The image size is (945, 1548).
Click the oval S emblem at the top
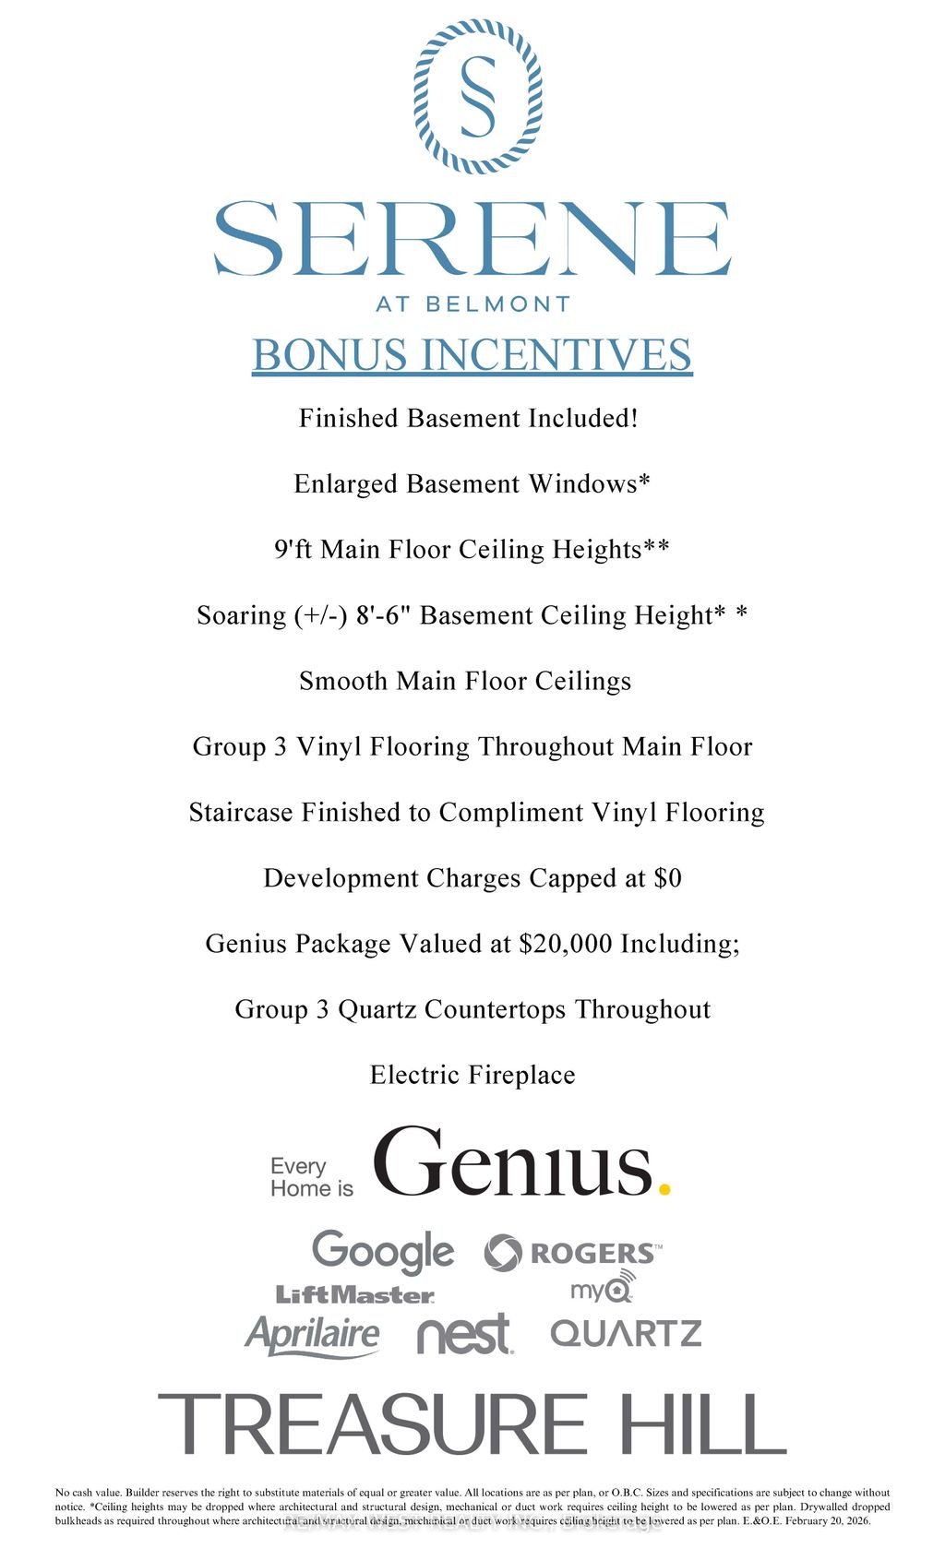477,97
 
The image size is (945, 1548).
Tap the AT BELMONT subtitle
472,304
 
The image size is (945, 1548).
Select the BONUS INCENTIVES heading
472,355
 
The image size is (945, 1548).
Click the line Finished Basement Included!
469,418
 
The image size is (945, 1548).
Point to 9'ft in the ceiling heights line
293,550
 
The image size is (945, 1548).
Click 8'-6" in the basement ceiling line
383,615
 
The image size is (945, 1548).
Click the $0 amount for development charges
667,878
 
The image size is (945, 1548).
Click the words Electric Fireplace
472,1075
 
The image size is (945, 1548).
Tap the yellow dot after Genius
664,1189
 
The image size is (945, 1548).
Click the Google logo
383,1252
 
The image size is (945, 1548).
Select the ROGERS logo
573,1253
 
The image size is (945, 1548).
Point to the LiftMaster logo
355,1295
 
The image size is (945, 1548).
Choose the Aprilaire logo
312,1335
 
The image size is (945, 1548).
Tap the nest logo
464,1335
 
